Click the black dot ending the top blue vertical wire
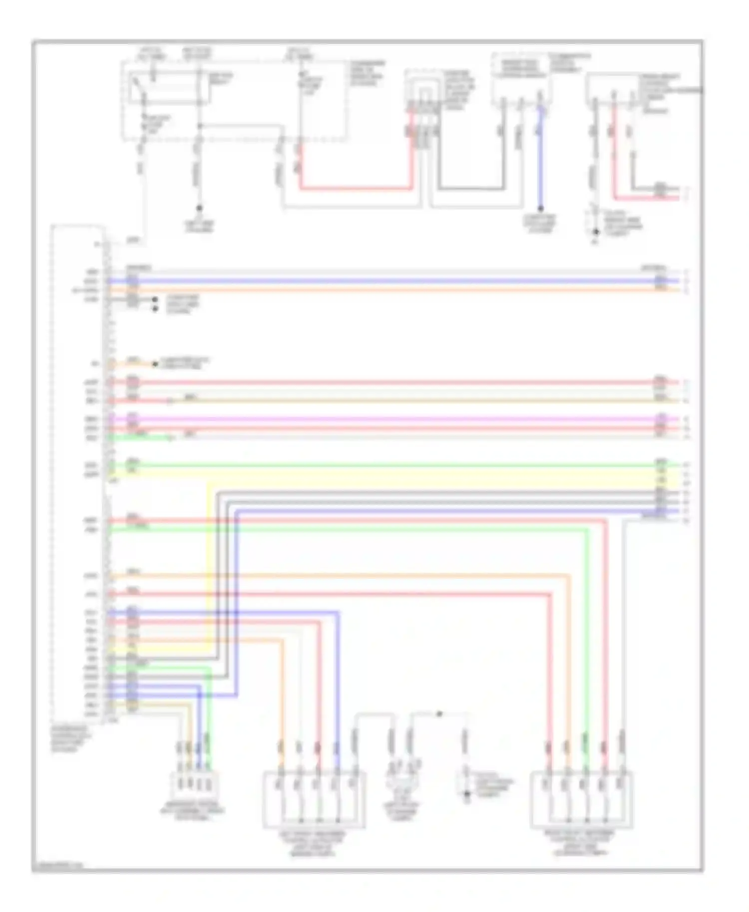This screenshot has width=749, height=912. click(x=540, y=209)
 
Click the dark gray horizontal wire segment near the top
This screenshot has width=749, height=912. click(x=469, y=189)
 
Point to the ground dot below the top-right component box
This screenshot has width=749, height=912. click(x=596, y=232)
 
